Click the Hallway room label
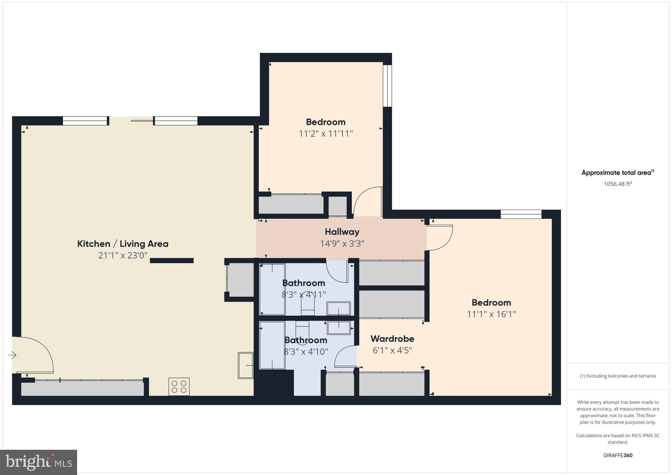pos(342,232)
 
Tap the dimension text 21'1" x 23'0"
pos(123,255)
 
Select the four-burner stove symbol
pos(179,386)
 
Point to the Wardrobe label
pos(392,339)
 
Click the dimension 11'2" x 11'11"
pos(325,134)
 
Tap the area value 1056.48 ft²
pos(618,184)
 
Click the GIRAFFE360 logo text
pos(618,455)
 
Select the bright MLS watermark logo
pos(39,462)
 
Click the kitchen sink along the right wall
pos(246,365)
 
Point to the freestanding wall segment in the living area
pos(172,260)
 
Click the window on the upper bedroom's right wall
pos(388,86)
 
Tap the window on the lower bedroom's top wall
pos(521,214)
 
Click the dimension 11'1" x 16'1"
pos(491,314)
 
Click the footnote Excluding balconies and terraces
pos(618,376)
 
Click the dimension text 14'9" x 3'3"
pos(342,244)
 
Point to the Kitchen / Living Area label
pos(123,244)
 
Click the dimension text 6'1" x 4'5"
pos(392,350)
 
